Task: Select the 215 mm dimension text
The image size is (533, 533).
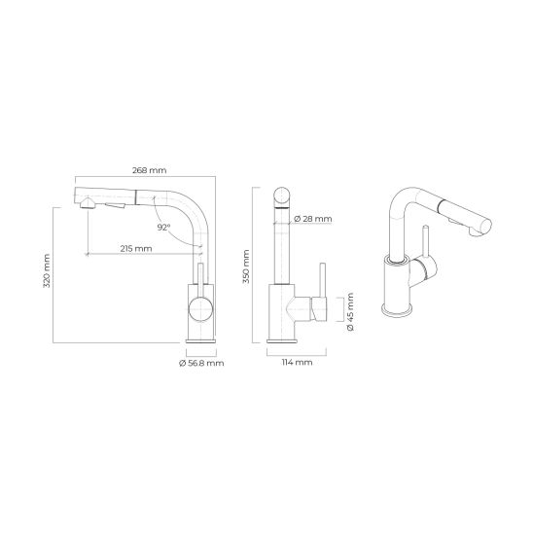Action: tap(136, 249)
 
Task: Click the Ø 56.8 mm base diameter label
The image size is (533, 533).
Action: tap(201, 363)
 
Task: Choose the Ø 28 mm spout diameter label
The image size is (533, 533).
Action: tap(313, 220)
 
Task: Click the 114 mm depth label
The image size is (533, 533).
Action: tap(298, 363)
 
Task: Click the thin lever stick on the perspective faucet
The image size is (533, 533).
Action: tap(424, 243)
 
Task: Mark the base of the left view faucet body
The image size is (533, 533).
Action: tap(201, 340)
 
